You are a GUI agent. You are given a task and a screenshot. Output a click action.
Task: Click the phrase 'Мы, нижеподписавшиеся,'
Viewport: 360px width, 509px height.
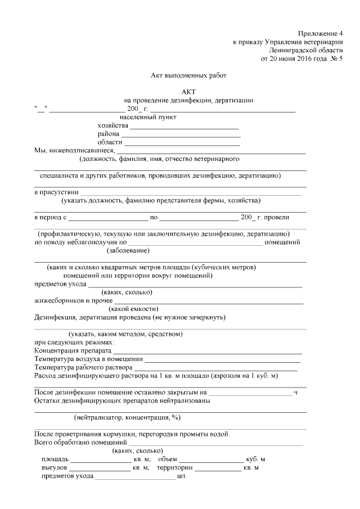[x=75, y=150]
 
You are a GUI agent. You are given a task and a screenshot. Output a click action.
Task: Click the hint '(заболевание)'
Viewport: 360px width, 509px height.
[x=129, y=251]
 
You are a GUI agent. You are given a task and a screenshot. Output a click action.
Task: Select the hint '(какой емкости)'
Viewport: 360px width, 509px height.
[x=133, y=309]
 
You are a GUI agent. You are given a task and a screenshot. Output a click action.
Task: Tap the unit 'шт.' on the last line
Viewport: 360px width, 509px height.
[x=182, y=476]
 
